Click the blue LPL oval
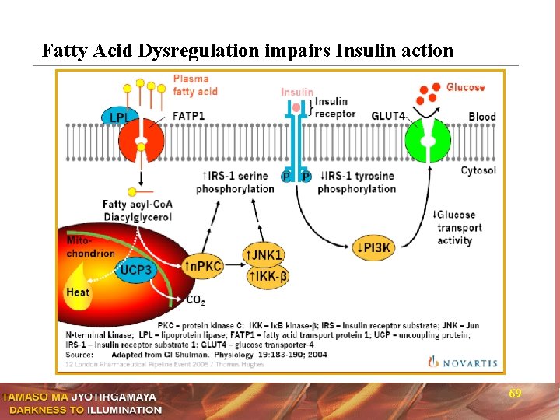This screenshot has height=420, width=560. point(118,117)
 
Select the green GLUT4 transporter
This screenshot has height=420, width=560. point(427,141)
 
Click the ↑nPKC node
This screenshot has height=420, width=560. point(202,266)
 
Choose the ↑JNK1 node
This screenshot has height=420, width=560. point(264,255)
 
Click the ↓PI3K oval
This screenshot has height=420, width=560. point(379,247)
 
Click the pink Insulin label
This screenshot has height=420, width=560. point(297,92)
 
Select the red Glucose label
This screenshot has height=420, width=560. point(465,87)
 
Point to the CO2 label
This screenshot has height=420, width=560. point(196,299)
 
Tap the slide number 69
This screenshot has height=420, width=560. point(515,394)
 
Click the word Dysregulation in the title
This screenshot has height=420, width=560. point(199,51)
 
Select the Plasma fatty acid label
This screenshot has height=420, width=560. point(195,85)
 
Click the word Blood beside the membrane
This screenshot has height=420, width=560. point(481,117)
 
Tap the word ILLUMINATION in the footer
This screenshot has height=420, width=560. point(124,410)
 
